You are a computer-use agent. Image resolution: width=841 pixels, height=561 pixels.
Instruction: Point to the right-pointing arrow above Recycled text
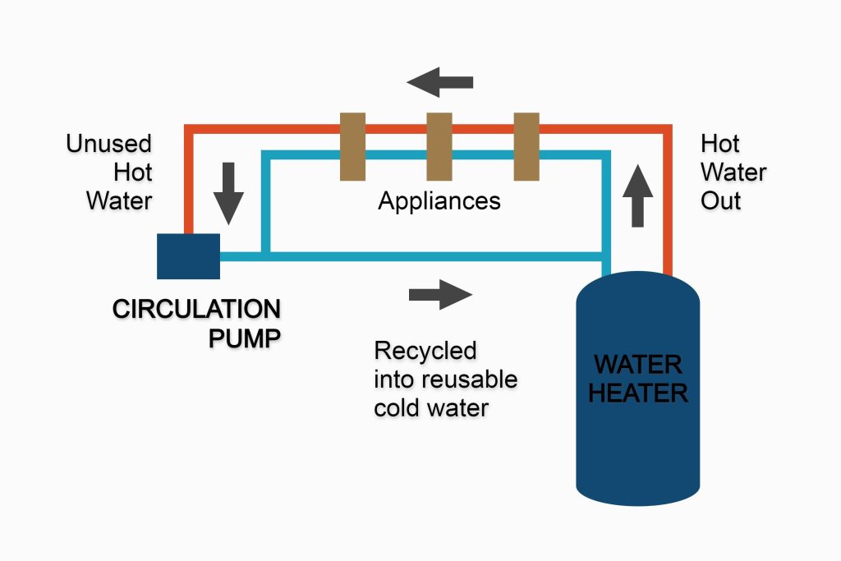pos(441,294)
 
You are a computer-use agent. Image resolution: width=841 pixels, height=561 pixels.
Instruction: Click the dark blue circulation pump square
pos(188,256)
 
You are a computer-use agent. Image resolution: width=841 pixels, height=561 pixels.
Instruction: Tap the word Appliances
pos(439,201)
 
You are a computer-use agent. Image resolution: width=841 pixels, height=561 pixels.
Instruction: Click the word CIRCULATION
pos(196,310)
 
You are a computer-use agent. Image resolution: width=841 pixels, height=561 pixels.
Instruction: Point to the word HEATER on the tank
pos(638,392)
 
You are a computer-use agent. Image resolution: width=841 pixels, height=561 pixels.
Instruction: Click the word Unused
pos(109,145)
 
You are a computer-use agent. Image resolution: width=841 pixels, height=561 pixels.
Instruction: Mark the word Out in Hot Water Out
pos(720,201)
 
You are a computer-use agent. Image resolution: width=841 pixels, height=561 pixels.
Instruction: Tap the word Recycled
pos(425,351)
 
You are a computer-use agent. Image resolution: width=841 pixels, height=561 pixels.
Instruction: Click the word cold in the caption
pos(400,407)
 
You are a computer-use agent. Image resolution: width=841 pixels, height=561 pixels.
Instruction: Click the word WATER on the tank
pos(638,364)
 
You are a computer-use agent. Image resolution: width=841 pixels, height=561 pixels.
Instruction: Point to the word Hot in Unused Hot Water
pos(133,173)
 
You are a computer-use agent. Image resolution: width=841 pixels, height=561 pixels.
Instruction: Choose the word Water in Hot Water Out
pos(733,173)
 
